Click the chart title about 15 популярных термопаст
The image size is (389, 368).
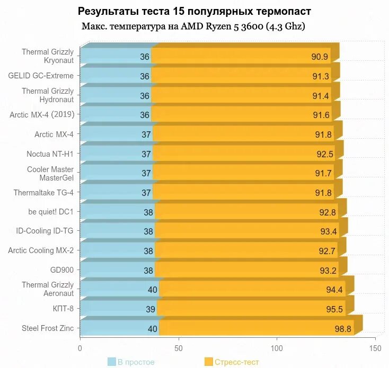[x=194, y=11]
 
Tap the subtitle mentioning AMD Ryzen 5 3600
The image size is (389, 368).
[x=193, y=26]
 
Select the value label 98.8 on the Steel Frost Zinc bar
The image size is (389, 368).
[x=343, y=329]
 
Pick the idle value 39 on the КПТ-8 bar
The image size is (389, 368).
[x=151, y=309]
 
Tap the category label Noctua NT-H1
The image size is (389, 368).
[x=50, y=154]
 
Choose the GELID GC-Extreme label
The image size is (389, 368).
[x=41, y=76]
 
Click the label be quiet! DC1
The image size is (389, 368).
[x=51, y=211]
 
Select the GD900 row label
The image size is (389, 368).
[x=61, y=270]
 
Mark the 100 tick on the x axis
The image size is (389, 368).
[x=277, y=348]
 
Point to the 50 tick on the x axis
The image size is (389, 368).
[x=179, y=348]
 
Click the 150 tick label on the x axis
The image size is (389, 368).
[x=375, y=348]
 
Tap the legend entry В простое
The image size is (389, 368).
[x=136, y=362]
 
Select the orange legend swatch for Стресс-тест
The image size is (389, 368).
[x=208, y=362]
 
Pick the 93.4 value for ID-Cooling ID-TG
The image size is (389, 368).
[x=329, y=231]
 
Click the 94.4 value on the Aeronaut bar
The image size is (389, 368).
[x=335, y=290]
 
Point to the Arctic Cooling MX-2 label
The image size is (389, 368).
[x=41, y=250]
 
